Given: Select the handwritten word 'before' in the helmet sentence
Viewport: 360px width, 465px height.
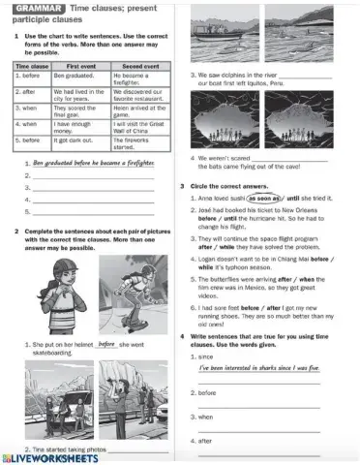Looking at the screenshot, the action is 107,343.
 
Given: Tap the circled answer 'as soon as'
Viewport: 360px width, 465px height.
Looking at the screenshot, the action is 263,197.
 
